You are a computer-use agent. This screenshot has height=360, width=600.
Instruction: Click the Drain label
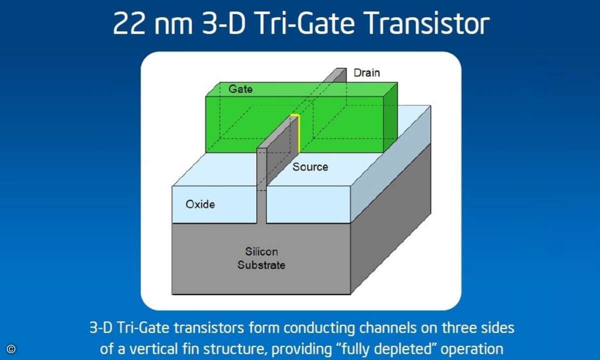pos(366,73)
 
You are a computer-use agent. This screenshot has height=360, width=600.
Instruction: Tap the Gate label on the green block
pos(240,89)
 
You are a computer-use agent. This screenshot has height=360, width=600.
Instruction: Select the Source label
pos(310,167)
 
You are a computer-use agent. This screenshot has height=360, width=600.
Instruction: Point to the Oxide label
pos(200,204)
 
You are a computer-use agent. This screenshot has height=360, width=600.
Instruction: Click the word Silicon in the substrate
pos(261,251)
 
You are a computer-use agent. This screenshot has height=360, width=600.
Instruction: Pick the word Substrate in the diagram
pos(261,265)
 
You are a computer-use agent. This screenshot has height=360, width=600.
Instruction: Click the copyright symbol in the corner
pos(11,349)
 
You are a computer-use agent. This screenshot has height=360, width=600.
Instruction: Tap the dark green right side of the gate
pos(390,117)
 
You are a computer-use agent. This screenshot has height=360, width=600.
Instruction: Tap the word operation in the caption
pos(472,349)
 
